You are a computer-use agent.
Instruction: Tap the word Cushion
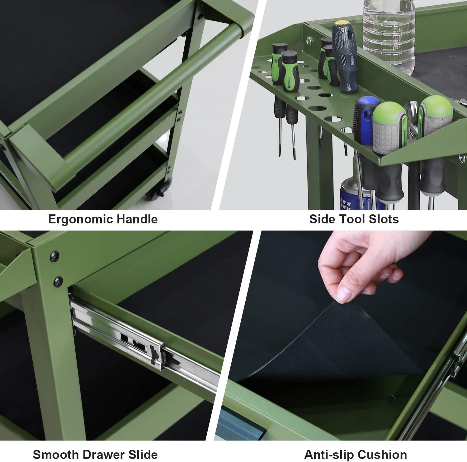coord(382,455)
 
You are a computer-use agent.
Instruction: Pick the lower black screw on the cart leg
coord(58,281)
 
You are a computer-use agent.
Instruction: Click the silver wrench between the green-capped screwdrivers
coord(413,120)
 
